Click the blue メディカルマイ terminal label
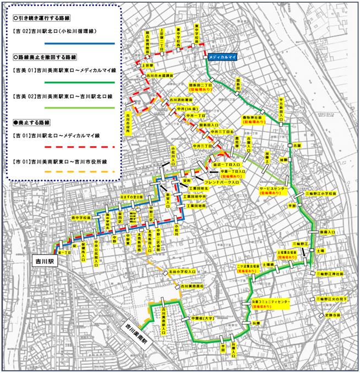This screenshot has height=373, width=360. [222, 57]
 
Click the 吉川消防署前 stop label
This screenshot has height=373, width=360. [181, 100]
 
